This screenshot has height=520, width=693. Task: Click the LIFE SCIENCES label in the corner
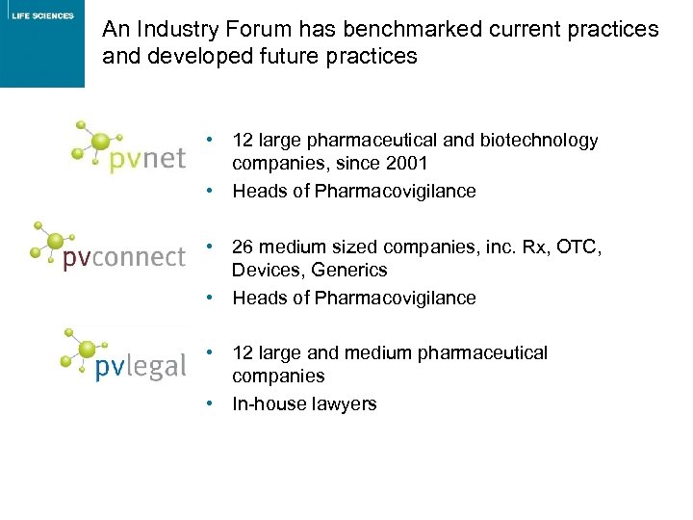click(42, 15)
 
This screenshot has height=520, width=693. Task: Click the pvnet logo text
click(146, 158)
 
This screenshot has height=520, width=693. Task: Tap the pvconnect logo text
click(123, 258)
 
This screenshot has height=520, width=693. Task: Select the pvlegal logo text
click(141, 366)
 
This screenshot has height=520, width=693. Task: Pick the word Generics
click(350, 271)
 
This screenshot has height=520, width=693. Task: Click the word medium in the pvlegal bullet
click(378, 353)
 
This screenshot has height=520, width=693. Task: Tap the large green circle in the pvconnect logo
click(56, 241)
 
